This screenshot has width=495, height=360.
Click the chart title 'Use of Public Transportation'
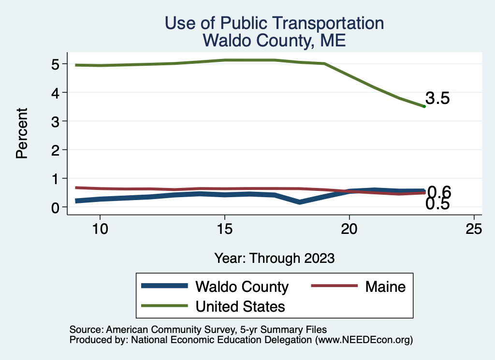(x=274, y=23)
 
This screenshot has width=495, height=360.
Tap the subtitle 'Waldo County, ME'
(x=274, y=40)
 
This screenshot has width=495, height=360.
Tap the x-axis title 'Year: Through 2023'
(x=274, y=258)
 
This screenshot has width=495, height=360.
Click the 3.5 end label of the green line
(x=438, y=99)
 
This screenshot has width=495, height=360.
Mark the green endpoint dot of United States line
(x=424, y=106)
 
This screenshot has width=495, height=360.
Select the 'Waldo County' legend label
(x=242, y=287)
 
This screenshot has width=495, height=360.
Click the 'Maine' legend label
(x=385, y=287)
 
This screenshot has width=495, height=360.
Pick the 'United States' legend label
(x=240, y=306)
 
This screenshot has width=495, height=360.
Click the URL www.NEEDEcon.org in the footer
(x=364, y=340)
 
